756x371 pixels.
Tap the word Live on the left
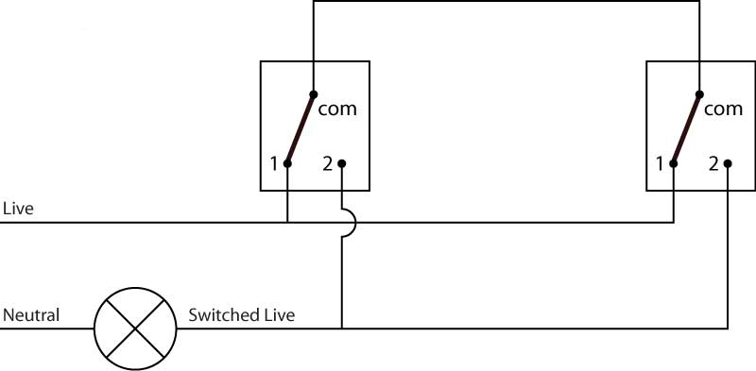tap(18, 208)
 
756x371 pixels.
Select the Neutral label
tap(32, 314)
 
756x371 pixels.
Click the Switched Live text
tap(241, 314)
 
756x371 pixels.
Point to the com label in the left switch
tap(337, 109)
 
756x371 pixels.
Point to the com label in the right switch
tap(724, 109)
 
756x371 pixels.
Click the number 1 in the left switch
tap(273, 164)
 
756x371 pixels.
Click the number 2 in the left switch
tap(327, 164)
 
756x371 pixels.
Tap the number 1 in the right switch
tap(660, 164)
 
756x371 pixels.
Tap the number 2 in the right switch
tap(713, 164)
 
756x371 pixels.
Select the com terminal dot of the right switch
tap(699, 93)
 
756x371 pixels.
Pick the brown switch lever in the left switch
tap(301, 128)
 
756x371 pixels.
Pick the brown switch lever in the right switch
tap(687, 128)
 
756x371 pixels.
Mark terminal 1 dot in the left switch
tap(287, 163)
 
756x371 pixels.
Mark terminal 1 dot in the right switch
tap(674, 163)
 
